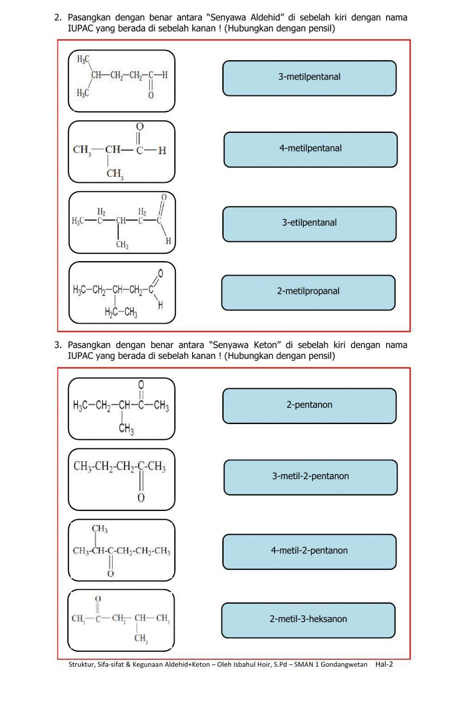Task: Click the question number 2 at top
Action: click(x=57, y=18)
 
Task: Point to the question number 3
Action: click(x=57, y=345)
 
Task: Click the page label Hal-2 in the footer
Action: click(x=384, y=664)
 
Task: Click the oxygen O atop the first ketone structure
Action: click(x=141, y=385)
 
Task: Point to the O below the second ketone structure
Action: click(x=141, y=498)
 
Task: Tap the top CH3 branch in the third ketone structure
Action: click(x=100, y=529)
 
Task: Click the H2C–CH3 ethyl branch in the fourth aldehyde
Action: click(x=121, y=313)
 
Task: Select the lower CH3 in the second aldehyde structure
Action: click(x=115, y=174)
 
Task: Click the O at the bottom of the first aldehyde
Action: click(x=151, y=95)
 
